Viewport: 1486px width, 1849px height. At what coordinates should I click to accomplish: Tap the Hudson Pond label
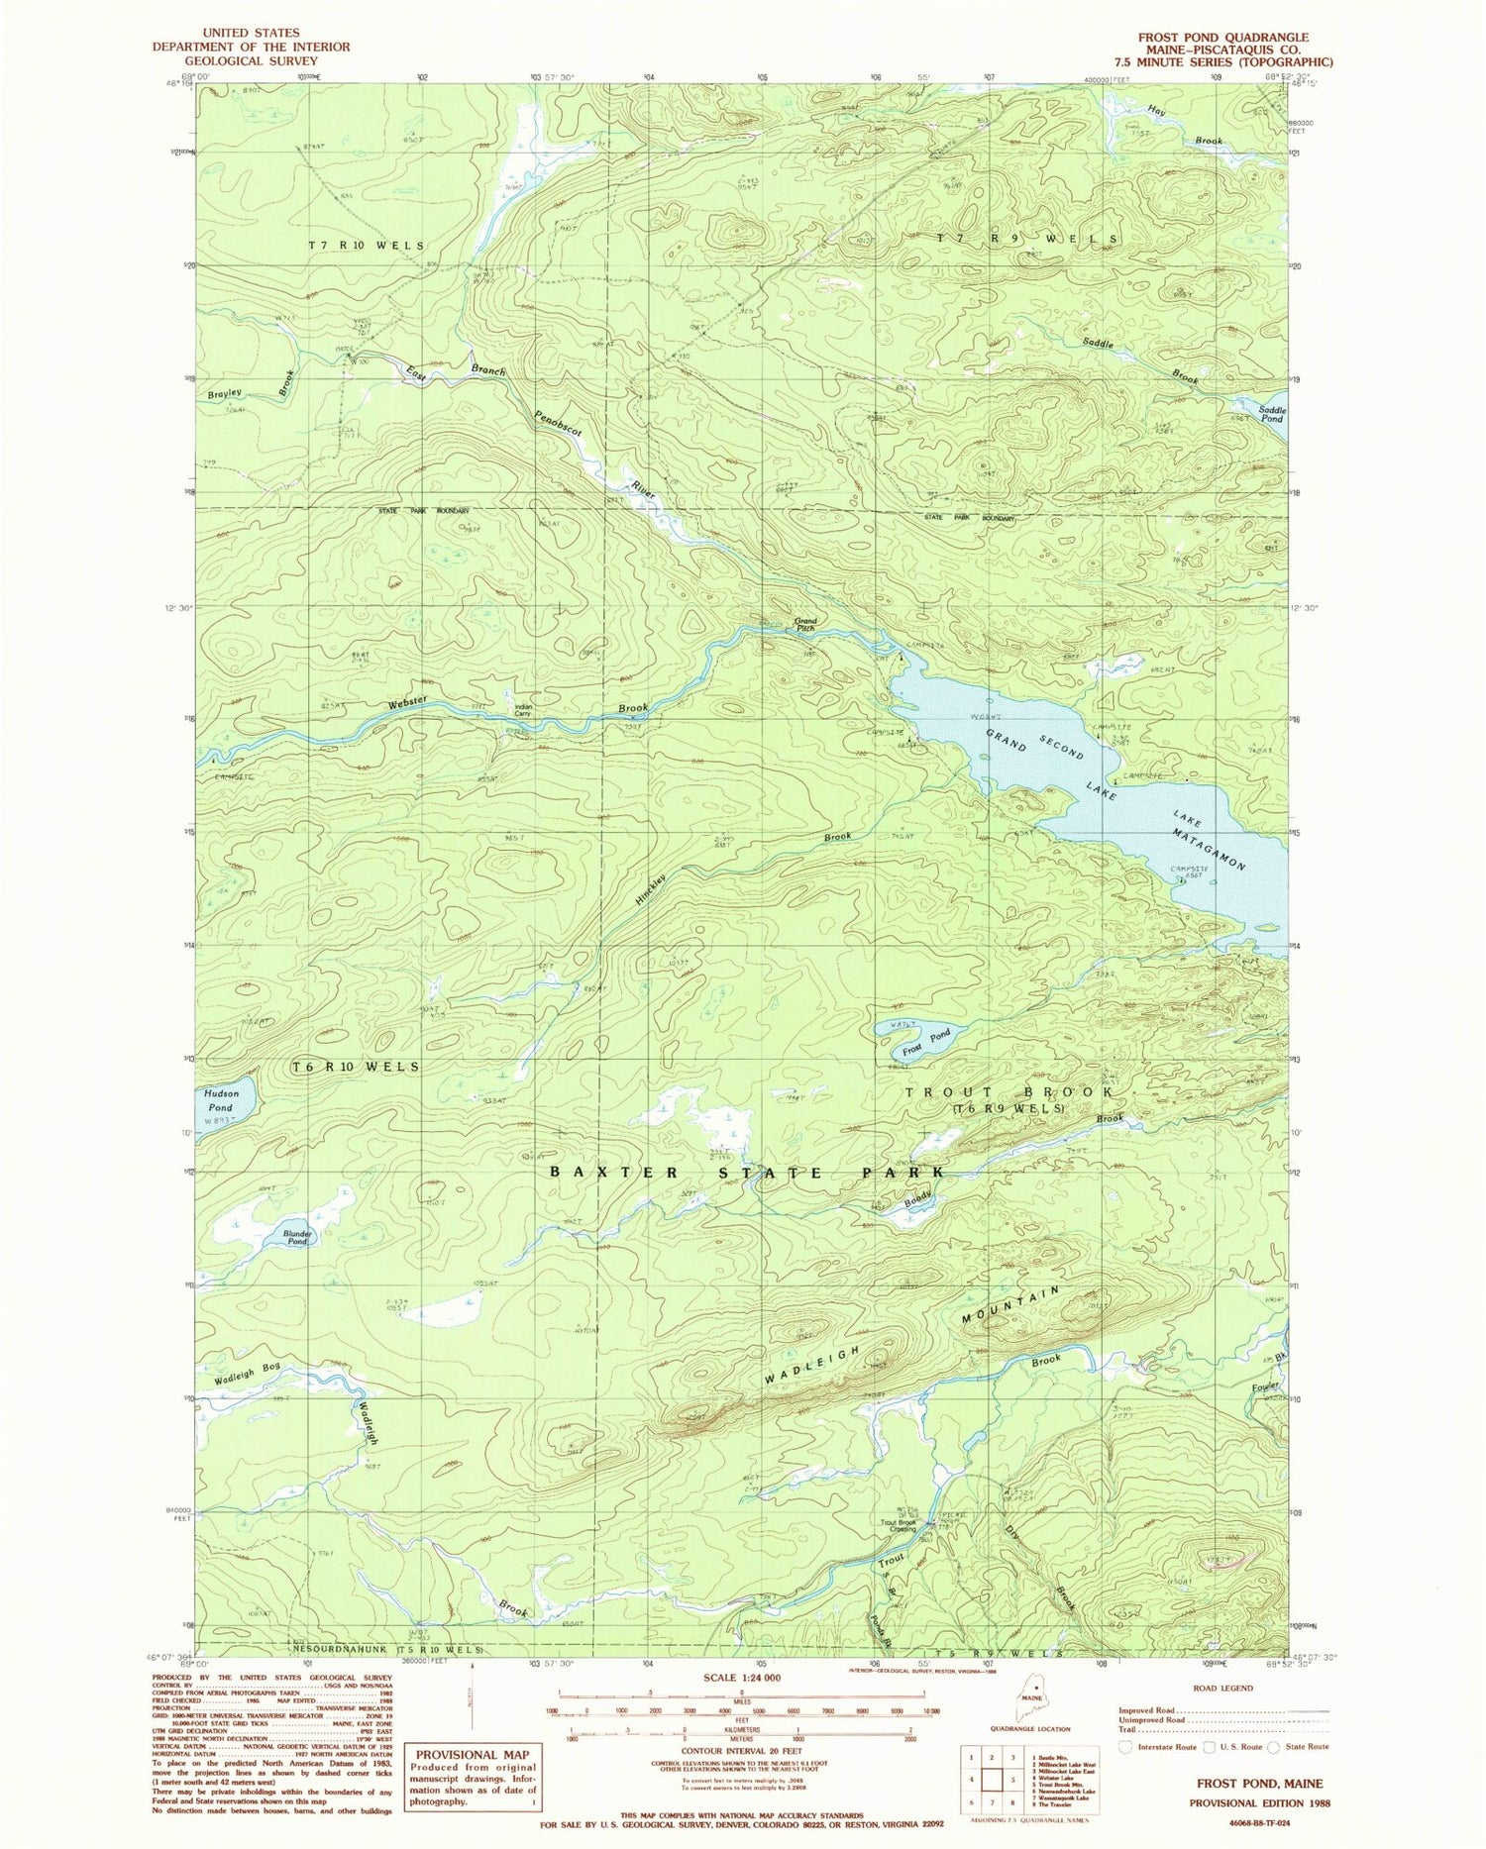coord(221,1100)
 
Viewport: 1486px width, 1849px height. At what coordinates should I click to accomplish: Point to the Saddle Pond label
coord(1272,414)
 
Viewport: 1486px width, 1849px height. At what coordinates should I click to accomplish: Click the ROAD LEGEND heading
coord(1223,1688)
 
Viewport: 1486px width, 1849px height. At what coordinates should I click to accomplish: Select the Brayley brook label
coord(225,393)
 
